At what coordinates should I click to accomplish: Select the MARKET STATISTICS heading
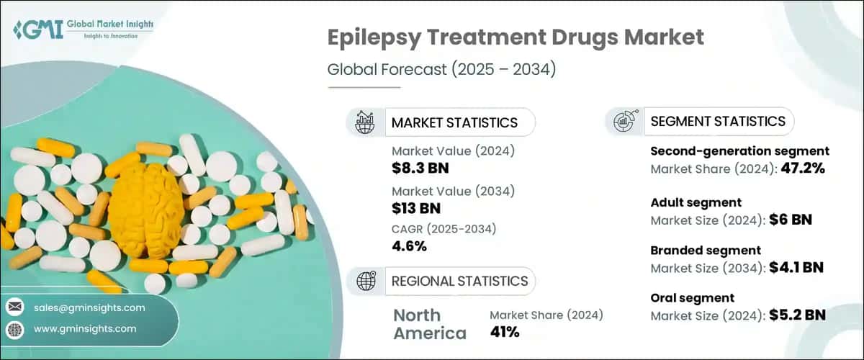point(454,122)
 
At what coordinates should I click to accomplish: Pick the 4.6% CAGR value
point(409,246)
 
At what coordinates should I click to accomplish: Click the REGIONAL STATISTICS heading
point(459,281)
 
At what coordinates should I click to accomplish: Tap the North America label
point(430,324)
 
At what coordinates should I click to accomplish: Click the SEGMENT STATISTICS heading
point(718,122)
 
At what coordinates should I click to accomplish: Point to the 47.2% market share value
point(798,168)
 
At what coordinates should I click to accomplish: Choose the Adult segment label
point(696,202)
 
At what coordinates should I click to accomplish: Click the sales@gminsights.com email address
point(89,307)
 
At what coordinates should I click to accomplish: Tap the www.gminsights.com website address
point(85,328)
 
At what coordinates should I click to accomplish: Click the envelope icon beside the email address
point(15,307)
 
